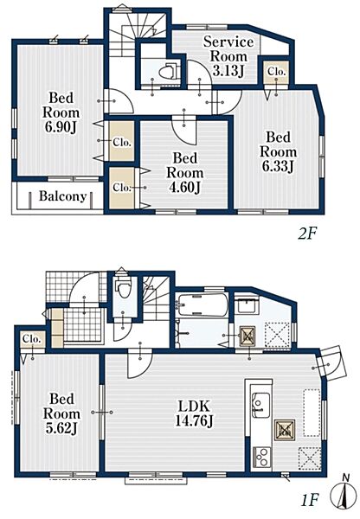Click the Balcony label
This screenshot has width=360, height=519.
click(63, 196)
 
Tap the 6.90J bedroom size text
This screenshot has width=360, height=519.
click(61, 127)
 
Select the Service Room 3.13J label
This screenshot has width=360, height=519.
click(228, 56)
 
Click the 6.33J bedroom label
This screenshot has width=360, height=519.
click(278, 166)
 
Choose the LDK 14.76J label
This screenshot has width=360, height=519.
click(194, 413)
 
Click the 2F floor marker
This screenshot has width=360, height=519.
click(308, 234)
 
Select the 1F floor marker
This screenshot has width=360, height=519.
click(309, 501)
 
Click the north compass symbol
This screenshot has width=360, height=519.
click(345, 494)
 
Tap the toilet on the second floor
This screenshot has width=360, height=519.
click(169, 71)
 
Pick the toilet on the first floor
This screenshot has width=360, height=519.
click(123, 287)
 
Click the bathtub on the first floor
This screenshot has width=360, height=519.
click(202, 304)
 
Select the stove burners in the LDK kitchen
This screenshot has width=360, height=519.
click(262, 457)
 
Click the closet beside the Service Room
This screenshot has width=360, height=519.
click(276, 71)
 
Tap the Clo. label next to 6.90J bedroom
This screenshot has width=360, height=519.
click(122, 143)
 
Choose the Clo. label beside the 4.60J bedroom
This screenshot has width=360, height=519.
click(122, 188)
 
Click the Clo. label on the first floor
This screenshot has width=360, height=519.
click(32, 340)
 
